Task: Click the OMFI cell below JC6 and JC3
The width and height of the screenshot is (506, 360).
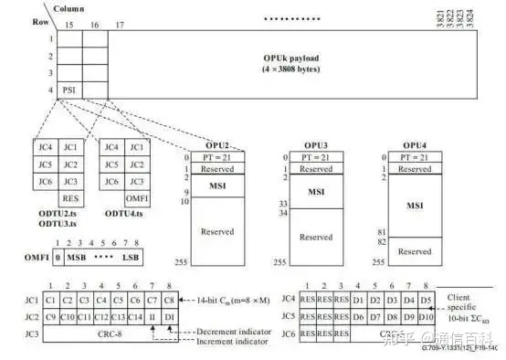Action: (x=135, y=196)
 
